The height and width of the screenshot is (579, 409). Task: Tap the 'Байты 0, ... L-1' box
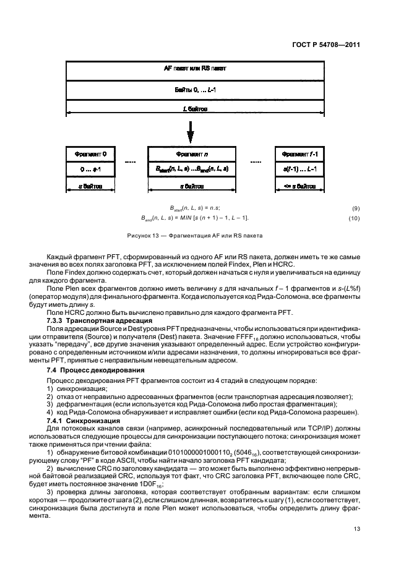pyautogui.click(x=195, y=90)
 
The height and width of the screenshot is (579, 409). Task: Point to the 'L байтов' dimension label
pyautogui.click(x=195, y=109)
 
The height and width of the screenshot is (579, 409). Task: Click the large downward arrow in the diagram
pyautogui.click(x=191, y=132)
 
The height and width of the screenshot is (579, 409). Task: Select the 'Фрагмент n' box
pyautogui.click(x=191, y=153)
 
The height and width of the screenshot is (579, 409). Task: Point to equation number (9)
pyautogui.click(x=354, y=208)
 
